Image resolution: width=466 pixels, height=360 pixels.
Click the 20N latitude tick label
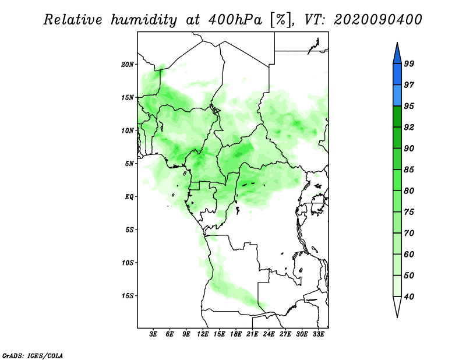pos(127,65)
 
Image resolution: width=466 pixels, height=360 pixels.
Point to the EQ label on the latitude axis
pos(129,197)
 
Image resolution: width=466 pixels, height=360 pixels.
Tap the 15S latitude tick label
pos(127,296)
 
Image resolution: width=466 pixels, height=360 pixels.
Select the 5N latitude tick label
pos(129,164)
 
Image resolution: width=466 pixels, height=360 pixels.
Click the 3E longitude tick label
pos(153,334)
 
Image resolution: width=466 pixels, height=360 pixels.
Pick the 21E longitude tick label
pos(252,334)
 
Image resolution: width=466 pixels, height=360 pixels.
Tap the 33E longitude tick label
pos(318,334)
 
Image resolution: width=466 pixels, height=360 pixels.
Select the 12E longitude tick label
pos(203,334)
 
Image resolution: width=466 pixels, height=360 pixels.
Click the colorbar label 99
pos(409,63)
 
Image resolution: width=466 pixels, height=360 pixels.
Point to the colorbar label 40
pos(409,297)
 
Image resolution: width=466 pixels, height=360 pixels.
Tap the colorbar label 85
pos(409,170)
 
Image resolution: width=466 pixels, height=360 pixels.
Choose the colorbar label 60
pos(409,254)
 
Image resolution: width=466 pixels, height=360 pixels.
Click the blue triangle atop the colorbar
pos(397,55)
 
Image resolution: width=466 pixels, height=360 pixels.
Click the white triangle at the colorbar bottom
pos(397,305)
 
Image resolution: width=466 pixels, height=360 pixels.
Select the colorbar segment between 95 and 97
pos(397,96)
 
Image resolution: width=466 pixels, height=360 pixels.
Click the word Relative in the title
pos(73,20)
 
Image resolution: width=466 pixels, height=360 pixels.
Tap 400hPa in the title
pos(235,20)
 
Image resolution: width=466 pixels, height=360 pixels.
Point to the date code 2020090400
pos(377,20)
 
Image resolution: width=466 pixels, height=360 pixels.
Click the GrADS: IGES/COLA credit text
pos(33,356)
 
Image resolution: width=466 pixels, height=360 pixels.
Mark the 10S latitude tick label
pos(127,263)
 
